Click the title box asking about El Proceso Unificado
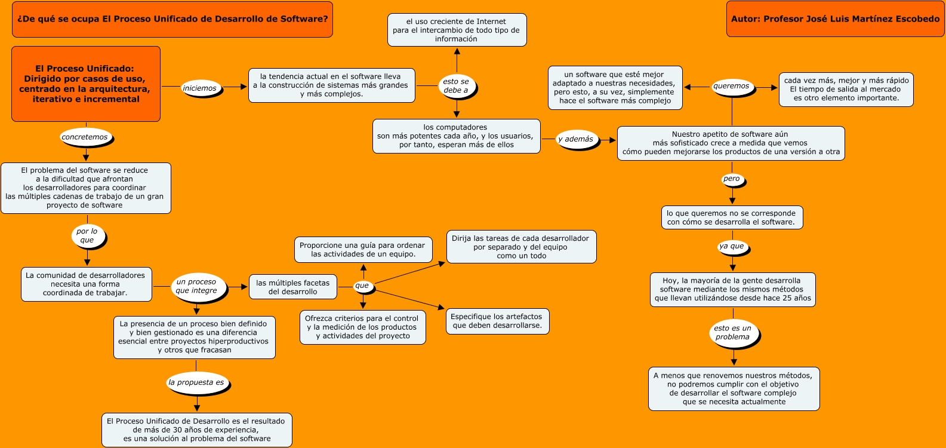click(x=172, y=20)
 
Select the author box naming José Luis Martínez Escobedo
click(x=836, y=19)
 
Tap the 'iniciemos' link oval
click(x=201, y=88)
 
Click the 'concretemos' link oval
click(x=86, y=137)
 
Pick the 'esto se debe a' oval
click(x=457, y=86)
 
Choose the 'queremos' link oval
click(x=732, y=87)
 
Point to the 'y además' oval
click(x=577, y=139)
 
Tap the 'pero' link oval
click(x=732, y=179)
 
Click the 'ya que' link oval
click(x=733, y=247)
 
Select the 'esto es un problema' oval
click(x=734, y=333)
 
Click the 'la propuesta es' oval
click(x=197, y=383)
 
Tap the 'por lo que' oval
click(x=88, y=237)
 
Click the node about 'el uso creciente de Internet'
click(x=457, y=30)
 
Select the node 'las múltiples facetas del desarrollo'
click(x=292, y=287)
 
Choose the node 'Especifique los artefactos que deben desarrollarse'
click(x=498, y=321)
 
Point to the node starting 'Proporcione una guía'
click(x=363, y=250)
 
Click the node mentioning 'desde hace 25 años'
click(x=733, y=290)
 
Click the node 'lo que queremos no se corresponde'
click(x=732, y=217)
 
